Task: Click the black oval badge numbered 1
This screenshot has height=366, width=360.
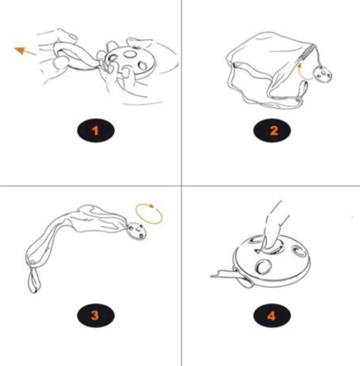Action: pos(96,130)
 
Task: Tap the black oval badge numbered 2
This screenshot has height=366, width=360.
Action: pos(272,130)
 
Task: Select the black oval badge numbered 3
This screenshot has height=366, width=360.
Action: pos(96,316)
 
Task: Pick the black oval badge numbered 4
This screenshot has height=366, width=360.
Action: pos(272,316)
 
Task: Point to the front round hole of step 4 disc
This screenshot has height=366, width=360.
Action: pos(264,267)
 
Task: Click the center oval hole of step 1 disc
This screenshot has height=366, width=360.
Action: pos(130,54)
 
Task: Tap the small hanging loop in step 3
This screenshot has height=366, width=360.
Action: pos(34,281)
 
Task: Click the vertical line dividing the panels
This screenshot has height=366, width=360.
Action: pos(182,183)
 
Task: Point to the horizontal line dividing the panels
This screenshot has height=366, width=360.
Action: pos(180,186)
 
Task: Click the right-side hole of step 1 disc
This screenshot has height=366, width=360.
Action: pos(142,66)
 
